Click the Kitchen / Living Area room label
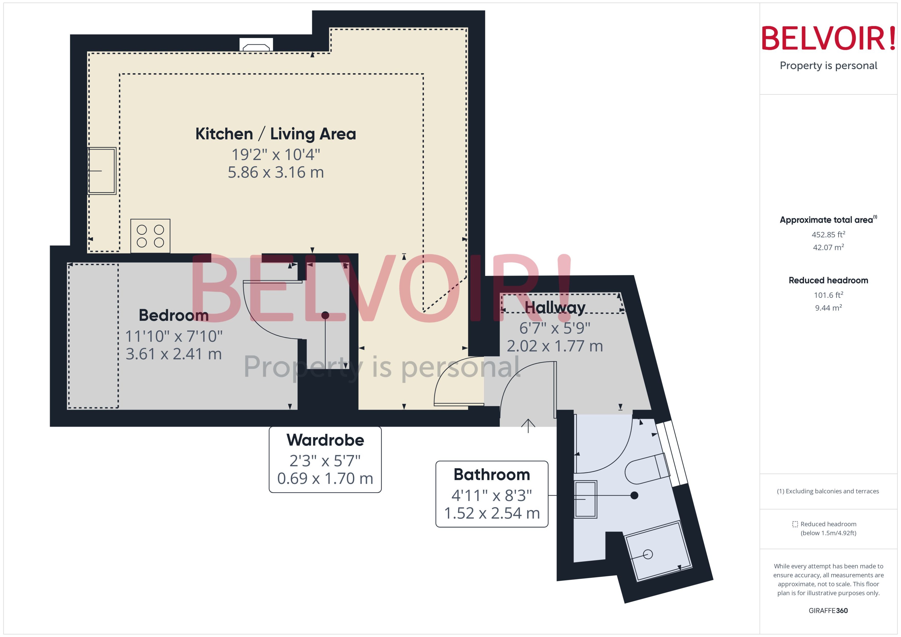(276, 134)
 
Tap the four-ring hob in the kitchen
(150, 236)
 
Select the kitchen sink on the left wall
(102, 171)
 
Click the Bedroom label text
(174, 315)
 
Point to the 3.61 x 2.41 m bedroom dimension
(174, 354)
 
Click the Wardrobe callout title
(325, 440)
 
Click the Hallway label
(555, 308)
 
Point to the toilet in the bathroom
(648, 469)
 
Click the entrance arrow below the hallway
(528, 426)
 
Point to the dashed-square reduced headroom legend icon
(795, 524)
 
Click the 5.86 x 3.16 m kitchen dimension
(276, 173)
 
